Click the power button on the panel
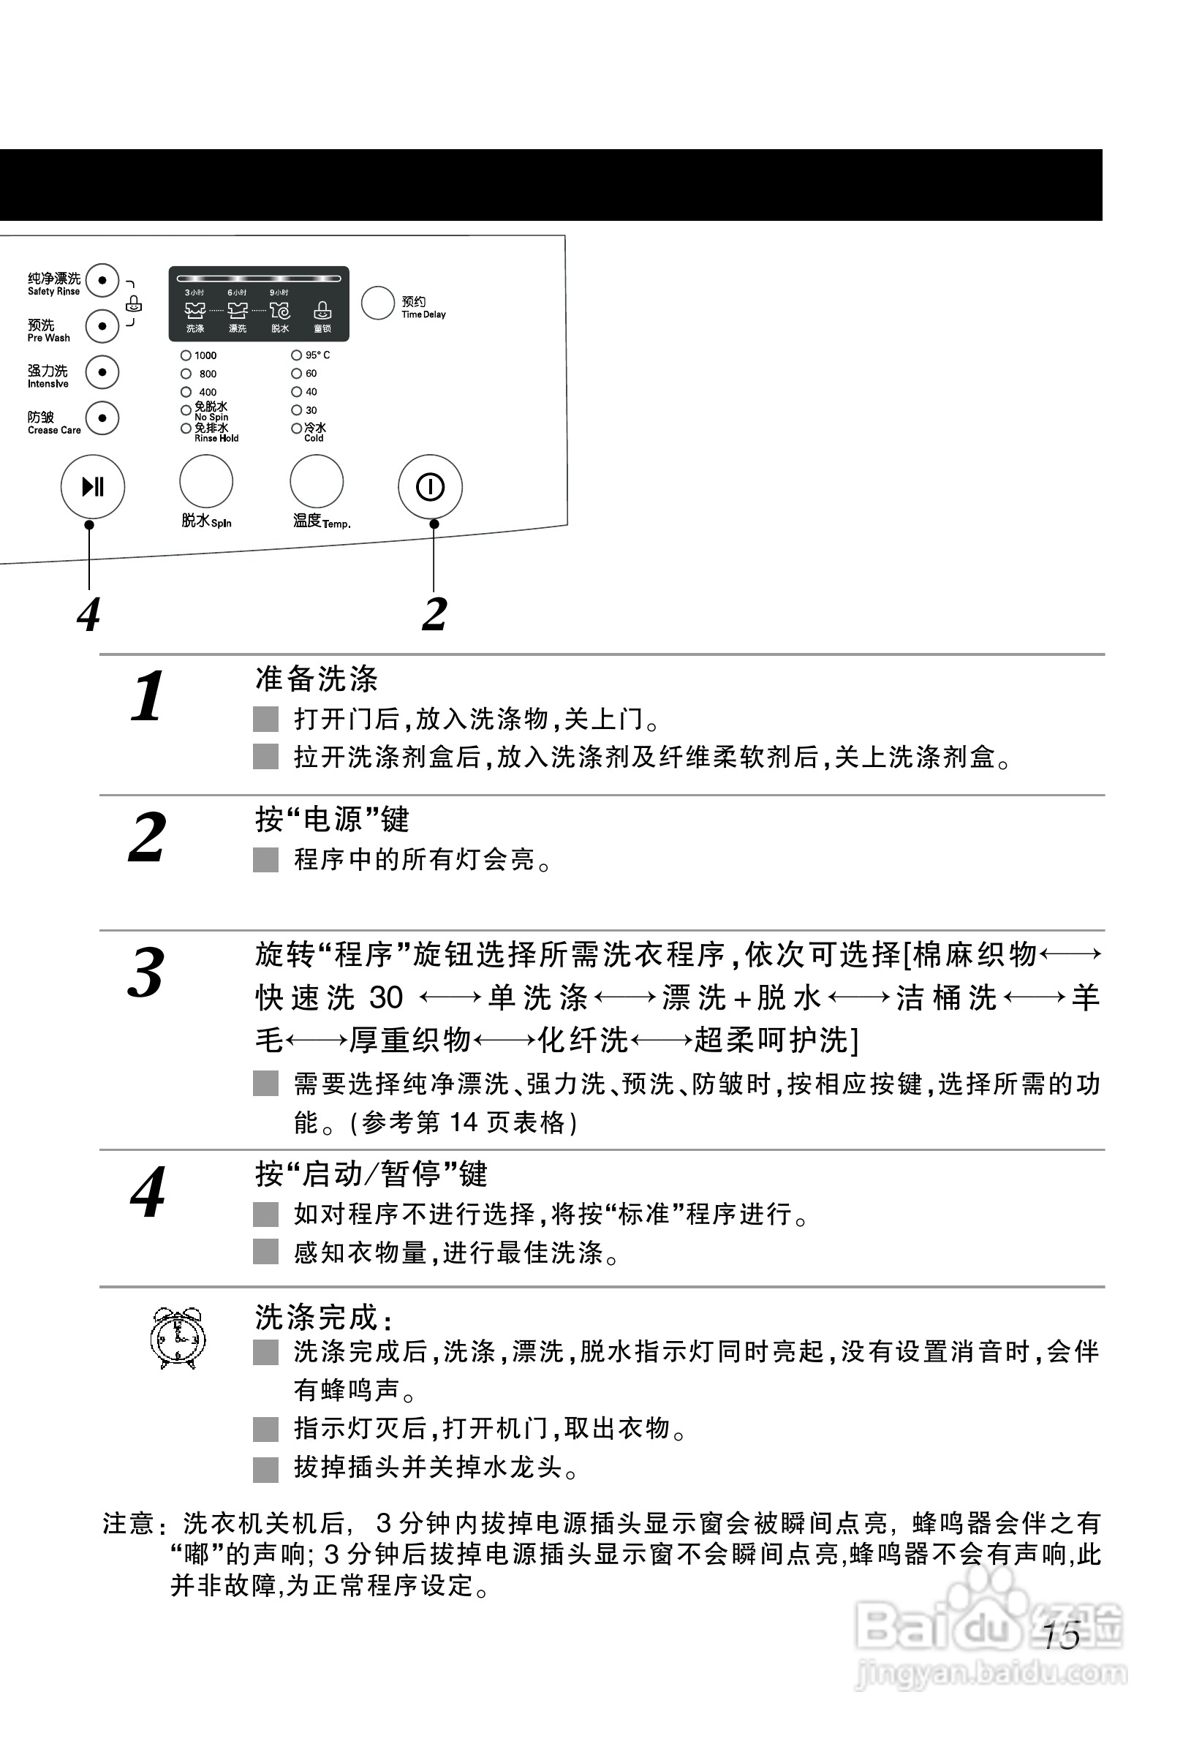430,486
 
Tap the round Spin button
205,481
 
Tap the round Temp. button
317,481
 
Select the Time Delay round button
377,303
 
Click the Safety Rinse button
102,281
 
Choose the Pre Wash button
102,326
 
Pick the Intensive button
102,372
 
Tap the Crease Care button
102,418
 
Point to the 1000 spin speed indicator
186,355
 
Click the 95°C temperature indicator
297,355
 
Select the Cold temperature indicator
297,428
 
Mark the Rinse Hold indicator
186,428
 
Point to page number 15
1062,1636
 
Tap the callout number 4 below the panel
89,614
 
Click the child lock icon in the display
322,310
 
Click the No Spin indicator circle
186,410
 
